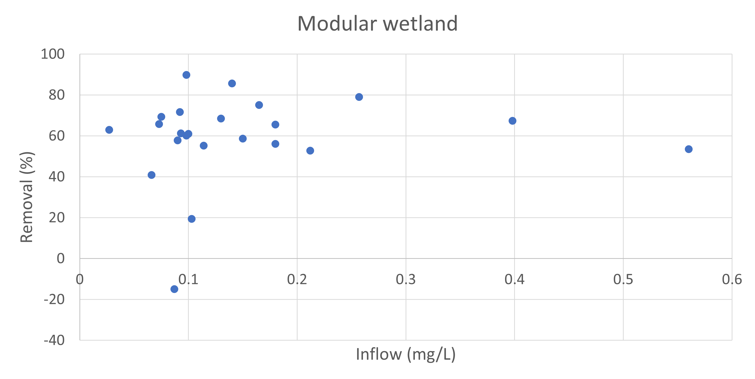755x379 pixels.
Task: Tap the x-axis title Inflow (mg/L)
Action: coord(406,354)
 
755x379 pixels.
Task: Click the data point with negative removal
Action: coord(174,289)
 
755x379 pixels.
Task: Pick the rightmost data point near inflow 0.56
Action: coord(689,149)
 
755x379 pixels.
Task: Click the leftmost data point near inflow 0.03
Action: coord(109,130)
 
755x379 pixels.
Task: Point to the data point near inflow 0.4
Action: coord(512,121)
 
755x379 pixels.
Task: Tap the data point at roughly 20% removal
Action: coord(192,219)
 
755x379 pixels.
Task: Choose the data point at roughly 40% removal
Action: coord(152,175)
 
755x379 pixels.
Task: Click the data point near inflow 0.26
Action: coord(359,97)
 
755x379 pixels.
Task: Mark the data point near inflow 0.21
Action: coord(310,151)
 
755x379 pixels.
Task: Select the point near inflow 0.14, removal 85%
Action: coord(232,84)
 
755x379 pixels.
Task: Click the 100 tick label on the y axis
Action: coord(53,54)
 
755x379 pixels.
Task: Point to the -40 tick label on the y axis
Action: coord(54,341)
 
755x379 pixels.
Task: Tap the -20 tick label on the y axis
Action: coord(54,300)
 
